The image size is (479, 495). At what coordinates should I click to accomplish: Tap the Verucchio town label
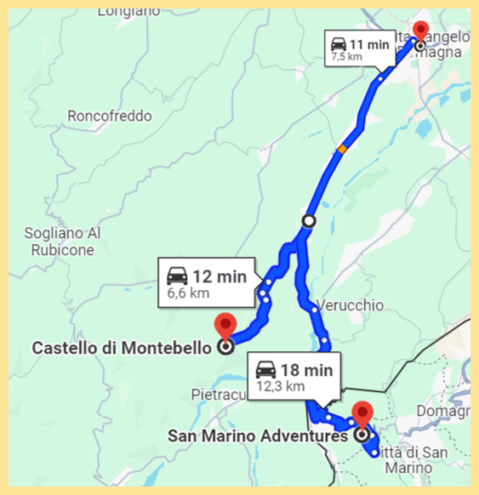pyautogui.click(x=351, y=305)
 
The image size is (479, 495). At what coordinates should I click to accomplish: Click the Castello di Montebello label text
pyautogui.click(x=121, y=347)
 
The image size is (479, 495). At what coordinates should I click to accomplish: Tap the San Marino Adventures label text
pyautogui.click(x=258, y=436)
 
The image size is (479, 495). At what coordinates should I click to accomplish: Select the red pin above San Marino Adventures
pyautogui.click(x=362, y=413)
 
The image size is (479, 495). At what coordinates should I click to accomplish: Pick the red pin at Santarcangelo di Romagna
pyautogui.click(x=420, y=31)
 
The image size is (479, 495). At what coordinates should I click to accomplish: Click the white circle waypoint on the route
pyautogui.click(x=308, y=221)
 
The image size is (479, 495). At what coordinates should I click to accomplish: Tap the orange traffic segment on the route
pyautogui.click(x=342, y=149)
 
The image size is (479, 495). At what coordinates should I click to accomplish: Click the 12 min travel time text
pyautogui.click(x=220, y=276)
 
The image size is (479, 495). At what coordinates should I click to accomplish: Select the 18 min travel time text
pyautogui.click(x=306, y=370)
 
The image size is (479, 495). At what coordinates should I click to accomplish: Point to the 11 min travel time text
pyautogui.click(x=368, y=43)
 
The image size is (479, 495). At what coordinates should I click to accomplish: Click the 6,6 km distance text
pyautogui.click(x=188, y=294)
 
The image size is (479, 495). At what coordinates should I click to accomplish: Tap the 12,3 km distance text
pyautogui.click(x=280, y=387)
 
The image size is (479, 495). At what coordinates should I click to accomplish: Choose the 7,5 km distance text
pyautogui.click(x=346, y=57)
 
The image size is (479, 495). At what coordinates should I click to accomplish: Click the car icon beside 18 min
pyautogui.click(x=266, y=370)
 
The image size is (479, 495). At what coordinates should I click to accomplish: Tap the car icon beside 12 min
pyautogui.click(x=178, y=276)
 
